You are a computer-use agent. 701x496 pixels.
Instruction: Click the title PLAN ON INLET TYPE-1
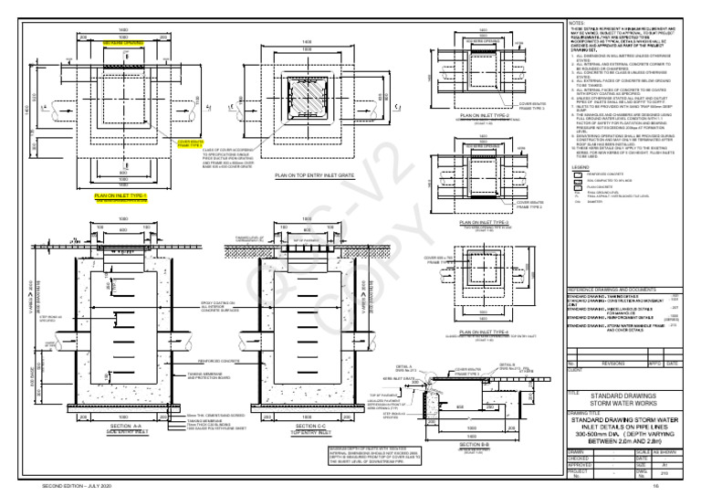(115, 195)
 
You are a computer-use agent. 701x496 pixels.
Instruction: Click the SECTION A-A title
(121, 426)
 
